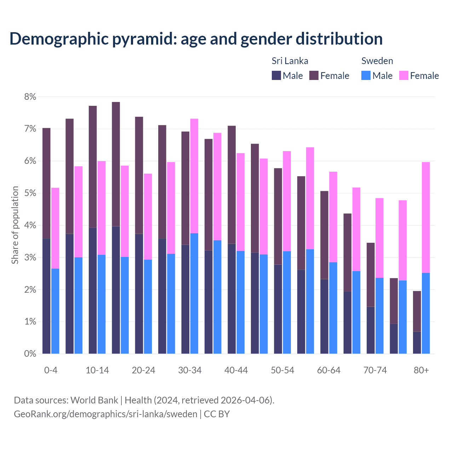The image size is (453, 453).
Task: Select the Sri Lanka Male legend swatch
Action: [276, 75]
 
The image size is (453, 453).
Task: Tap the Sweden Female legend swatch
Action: [403, 75]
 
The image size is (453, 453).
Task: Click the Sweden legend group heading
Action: [377, 61]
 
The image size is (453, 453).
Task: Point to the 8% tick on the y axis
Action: [30, 97]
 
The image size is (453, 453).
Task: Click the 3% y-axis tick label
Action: [30, 258]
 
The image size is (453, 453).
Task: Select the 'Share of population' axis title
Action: [15, 225]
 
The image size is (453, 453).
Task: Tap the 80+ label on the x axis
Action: [421, 371]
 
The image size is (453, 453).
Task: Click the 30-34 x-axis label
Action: [190, 371]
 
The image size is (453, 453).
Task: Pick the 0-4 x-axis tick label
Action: [51, 371]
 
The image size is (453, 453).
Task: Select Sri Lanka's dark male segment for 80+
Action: [417, 342]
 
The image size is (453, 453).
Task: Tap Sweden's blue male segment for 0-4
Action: [55, 311]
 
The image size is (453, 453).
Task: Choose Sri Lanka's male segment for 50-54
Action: [278, 309]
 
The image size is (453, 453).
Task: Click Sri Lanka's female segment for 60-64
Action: [324, 235]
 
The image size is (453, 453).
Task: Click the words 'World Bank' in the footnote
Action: [94, 400]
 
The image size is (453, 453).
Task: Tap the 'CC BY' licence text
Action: [217, 414]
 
